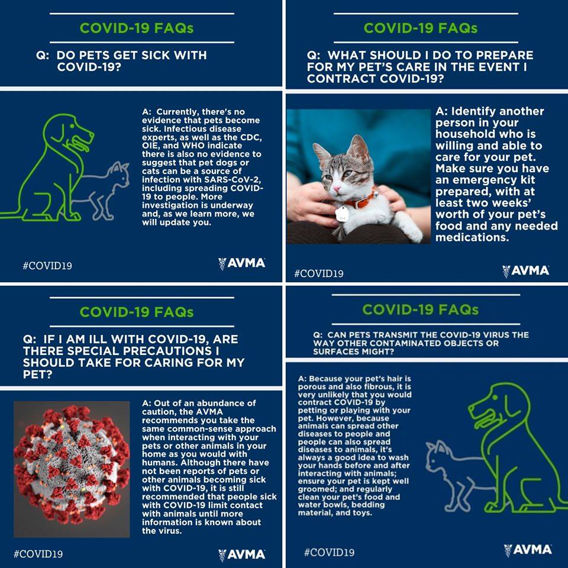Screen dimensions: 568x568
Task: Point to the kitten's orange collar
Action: pyautogui.click(x=359, y=201)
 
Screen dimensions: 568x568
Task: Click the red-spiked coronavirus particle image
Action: pyautogui.click(x=72, y=469)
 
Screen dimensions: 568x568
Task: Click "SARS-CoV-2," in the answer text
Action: pyautogui.click(x=233, y=180)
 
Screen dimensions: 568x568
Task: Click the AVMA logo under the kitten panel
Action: pyautogui.click(x=525, y=270)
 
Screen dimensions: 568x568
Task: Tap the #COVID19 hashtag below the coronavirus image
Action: pyautogui.click(x=38, y=554)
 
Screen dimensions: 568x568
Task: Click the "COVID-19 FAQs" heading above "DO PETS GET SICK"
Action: pyautogui.click(x=137, y=28)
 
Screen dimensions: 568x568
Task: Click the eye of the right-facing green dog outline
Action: pyautogui.click(x=72, y=125)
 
